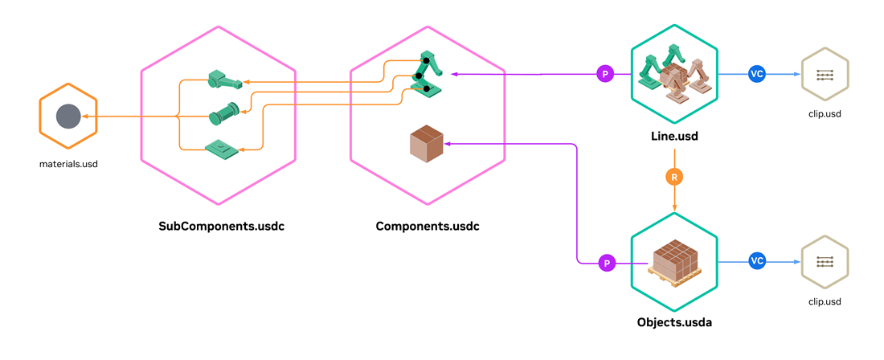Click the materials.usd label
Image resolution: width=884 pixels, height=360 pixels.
tap(68, 164)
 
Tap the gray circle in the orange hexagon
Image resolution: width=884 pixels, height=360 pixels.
tap(68, 117)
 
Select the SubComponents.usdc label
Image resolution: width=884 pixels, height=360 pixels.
tap(222, 226)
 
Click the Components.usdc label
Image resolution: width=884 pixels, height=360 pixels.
tap(428, 226)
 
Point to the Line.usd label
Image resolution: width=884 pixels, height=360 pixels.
tap(674, 137)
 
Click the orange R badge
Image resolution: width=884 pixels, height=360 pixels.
tap(674, 177)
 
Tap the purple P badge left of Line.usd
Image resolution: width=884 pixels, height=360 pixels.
tap(606, 74)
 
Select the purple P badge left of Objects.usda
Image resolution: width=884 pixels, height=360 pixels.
tap(607, 262)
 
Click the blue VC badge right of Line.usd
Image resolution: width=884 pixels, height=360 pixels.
tap(756, 74)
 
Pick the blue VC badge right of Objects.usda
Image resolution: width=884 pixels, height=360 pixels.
tap(756, 261)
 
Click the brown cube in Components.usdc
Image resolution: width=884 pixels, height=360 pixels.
tap(427, 145)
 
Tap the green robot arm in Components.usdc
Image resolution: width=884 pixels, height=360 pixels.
tap(428, 74)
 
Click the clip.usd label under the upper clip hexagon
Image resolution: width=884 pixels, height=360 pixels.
tap(824, 114)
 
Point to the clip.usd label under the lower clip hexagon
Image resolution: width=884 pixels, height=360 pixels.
tap(824, 301)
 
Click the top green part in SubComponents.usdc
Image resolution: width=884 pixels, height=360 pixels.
tap(224, 80)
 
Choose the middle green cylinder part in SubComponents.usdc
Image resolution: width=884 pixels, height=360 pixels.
tap(224, 114)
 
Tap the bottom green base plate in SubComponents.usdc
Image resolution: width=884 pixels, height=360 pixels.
tap(223, 148)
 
